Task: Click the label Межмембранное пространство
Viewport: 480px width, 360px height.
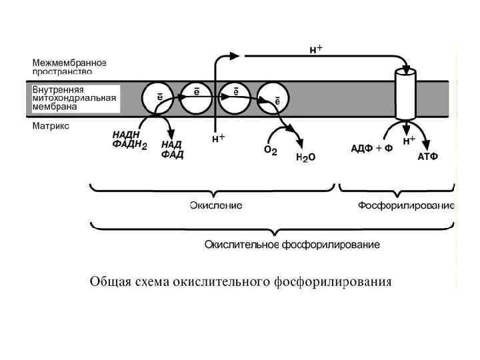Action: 70,66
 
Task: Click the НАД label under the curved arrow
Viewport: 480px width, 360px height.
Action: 171,145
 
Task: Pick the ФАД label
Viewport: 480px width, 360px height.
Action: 172,155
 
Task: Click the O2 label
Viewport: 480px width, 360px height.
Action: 271,151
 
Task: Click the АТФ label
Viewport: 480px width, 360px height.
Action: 427,157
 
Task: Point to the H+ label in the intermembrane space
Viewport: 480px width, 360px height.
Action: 316,49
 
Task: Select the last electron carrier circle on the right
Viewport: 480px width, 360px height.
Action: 273,98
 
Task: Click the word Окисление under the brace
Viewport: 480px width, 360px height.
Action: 216,205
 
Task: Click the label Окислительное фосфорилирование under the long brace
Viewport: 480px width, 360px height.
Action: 292,245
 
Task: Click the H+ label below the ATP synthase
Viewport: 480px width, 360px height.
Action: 409,141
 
